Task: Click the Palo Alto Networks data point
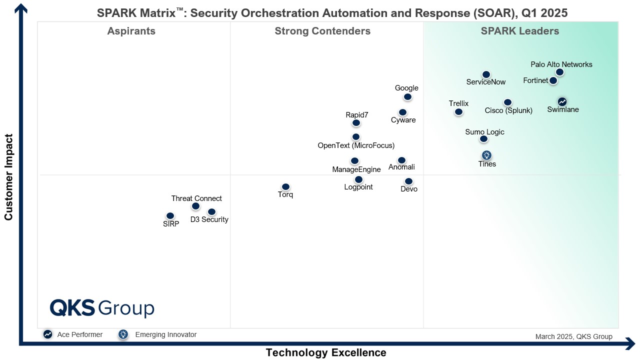[x=559, y=72]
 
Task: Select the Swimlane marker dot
[x=562, y=102]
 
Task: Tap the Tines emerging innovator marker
[x=486, y=155]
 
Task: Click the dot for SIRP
[x=170, y=216]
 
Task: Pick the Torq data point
[x=285, y=187]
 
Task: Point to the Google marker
[x=407, y=97]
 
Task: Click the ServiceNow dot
[x=486, y=75]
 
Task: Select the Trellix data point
[x=458, y=112]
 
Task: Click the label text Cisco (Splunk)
[x=508, y=110]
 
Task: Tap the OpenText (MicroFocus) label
[x=356, y=145]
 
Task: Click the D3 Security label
[x=209, y=219]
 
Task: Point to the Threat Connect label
[x=196, y=198]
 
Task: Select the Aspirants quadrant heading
[x=131, y=31]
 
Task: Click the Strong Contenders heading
[x=322, y=31]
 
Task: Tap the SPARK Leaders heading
[x=520, y=31]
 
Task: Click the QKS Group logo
[x=102, y=308]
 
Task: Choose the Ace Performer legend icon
[x=47, y=334]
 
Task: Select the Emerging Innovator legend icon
[x=123, y=334]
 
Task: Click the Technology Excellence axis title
[x=326, y=352]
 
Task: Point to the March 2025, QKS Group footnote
[x=573, y=336]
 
